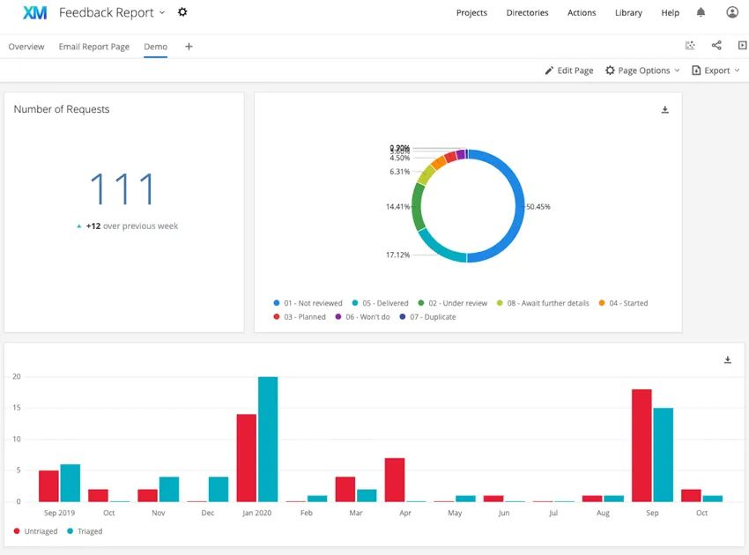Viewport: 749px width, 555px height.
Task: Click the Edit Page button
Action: [x=568, y=70]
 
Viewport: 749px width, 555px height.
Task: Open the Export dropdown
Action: [x=716, y=70]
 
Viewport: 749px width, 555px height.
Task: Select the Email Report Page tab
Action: [x=93, y=47]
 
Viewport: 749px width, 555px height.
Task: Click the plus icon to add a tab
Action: [x=189, y=47]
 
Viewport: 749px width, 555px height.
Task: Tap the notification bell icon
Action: [x=701, y=12]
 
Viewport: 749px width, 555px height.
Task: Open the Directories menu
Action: [x=527, y=13]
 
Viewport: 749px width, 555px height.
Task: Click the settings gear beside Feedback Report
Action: [x=182, y=12]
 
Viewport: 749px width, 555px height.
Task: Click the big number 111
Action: [x=122, y=189]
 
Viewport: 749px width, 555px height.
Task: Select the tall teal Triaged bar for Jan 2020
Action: [x=268, y=439]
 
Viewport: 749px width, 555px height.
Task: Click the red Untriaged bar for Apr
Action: [x=395, y=479]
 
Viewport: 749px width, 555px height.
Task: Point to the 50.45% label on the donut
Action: [x=538, y=207]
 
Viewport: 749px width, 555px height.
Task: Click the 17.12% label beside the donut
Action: [x=397, y=255]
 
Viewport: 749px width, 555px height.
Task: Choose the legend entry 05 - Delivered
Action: [x=380, y=303]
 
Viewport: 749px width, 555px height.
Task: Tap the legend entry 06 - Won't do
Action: [x=367, y=317]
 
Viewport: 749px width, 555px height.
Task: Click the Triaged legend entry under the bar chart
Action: [x=89, y=531]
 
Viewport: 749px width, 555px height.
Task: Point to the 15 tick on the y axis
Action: [x=16, y=408]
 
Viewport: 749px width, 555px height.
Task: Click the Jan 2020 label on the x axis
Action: [x=256, y=512]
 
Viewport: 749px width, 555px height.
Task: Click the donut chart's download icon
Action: [x=665, y=110]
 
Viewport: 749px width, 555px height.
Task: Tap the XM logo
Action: [x=34, y=12]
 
